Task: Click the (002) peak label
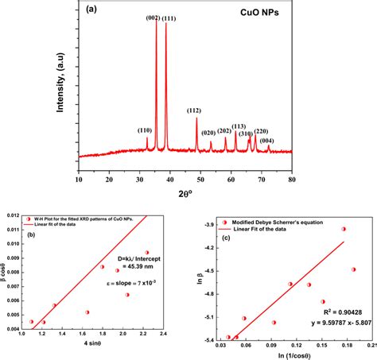coord(152,17)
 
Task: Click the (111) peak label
coord(169,17)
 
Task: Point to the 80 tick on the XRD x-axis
coord(292,180)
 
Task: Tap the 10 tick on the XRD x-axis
coord(78,180)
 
